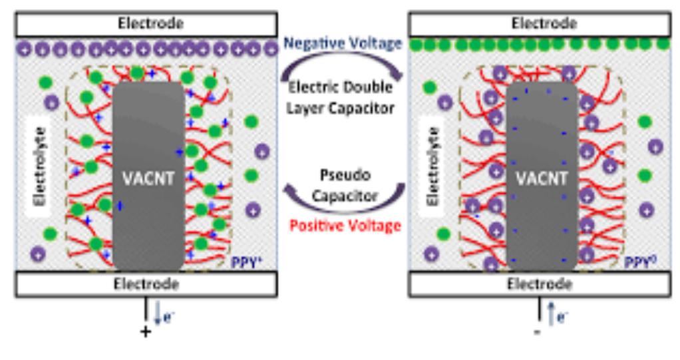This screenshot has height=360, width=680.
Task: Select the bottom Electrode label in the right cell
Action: click(539, 284)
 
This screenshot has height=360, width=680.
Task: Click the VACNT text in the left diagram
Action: click(147, 179)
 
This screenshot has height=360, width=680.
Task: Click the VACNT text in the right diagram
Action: click(542, 179)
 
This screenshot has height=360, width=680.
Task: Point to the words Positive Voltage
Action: click(344, 226)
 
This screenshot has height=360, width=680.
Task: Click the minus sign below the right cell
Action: click(538, 331)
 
